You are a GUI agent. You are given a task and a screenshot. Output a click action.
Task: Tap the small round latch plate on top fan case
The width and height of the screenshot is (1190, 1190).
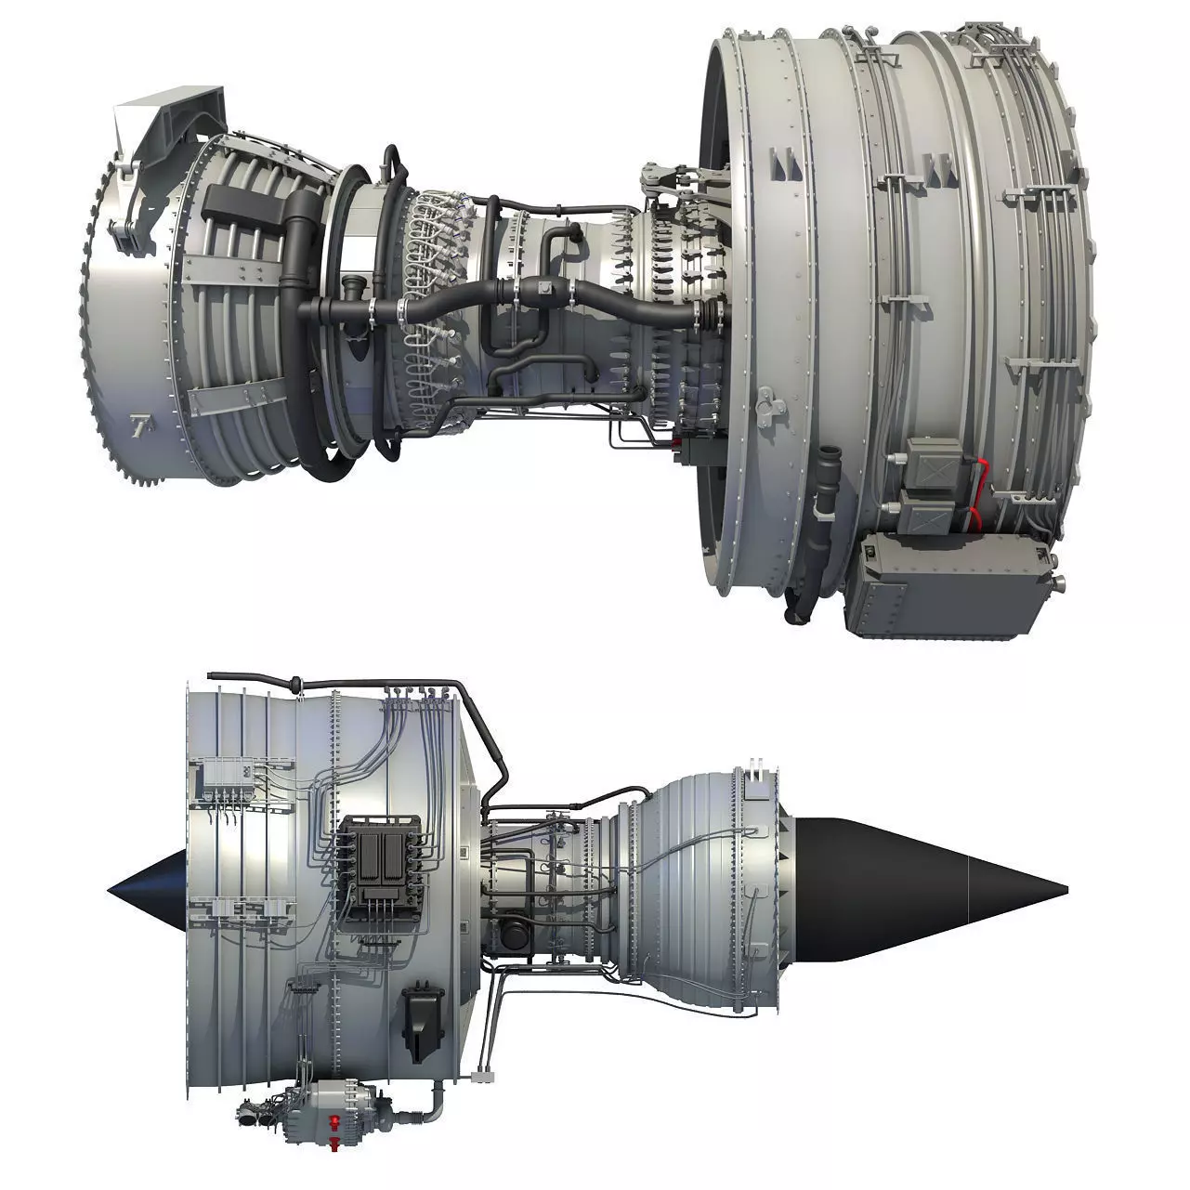[x=765, y=401]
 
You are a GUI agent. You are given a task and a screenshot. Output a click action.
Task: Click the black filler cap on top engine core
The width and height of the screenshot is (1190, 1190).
[x=354, y=286]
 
